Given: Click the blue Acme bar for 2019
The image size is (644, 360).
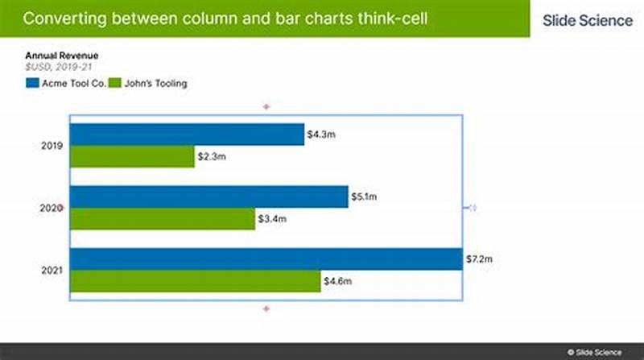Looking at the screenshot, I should pyautogui.click(x=187, y=134).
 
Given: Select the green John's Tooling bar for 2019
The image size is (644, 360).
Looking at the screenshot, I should pyautogui.click(x=132, y=157).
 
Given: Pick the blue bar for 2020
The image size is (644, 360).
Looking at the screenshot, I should pyautogui.click(x=209, y=197).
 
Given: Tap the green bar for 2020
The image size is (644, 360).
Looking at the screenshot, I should pyautogui.click(x=162, y=219).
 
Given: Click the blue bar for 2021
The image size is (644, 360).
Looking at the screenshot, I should pyautogui.click(x=266, y=259).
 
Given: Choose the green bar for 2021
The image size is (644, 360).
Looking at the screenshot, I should pyautogui.click(x=195, y=281).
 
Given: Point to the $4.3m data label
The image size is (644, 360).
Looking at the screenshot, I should pyautogui.click(x=321, y=134).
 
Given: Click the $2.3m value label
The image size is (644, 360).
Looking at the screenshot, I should pyautogui.click(x=212, y=157).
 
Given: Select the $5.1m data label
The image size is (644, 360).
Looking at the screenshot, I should pyautogui.click(x=365, y=197).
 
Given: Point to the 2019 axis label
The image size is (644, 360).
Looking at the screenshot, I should pyautogui.click(x=52, y=146).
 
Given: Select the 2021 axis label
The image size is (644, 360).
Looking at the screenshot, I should pyautogui.click(x=52, y=271).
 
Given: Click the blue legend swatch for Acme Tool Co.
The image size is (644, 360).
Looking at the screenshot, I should pyautogui.click(x=33, y=83).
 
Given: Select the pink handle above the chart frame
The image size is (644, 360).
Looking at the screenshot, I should pyautogui.click(x=266, y=106).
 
